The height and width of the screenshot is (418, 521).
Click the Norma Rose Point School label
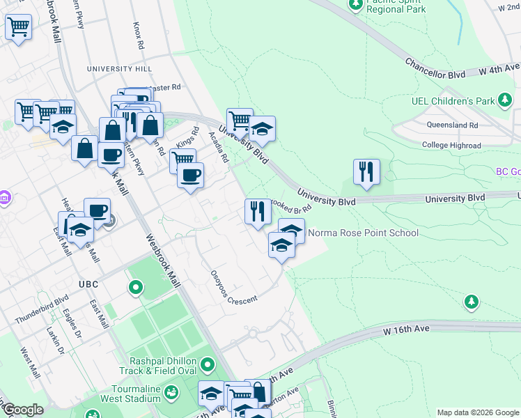(x=363, y=233)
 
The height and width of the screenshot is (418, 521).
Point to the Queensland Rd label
(x=453, y=125)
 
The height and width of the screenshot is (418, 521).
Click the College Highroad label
(x=451, y=145)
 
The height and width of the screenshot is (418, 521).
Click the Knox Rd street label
(x=139, y=34)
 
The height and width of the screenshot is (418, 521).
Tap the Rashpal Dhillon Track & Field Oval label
(x=160, y=370)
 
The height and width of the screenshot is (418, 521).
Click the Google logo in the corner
(x=22, y=410)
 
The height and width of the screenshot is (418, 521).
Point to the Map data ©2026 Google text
(x=476, y=412)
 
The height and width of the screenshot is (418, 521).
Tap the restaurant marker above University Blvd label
(x=366, y=171)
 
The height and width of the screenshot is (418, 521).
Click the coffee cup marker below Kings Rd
(x=189, y=175)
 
